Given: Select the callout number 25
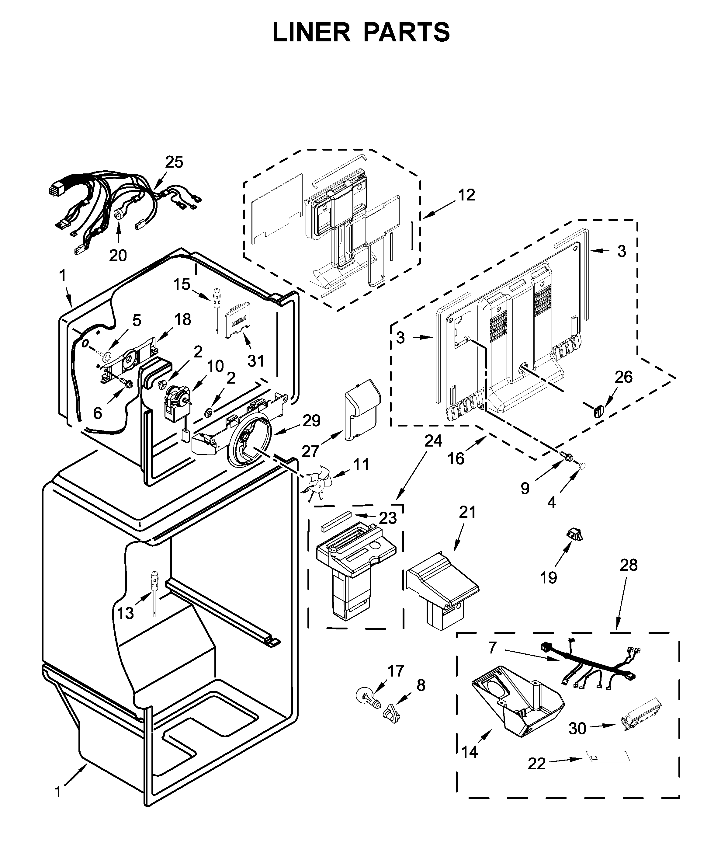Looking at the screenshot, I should (x=174, y=162).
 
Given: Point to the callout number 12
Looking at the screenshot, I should (x=466, y=195).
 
